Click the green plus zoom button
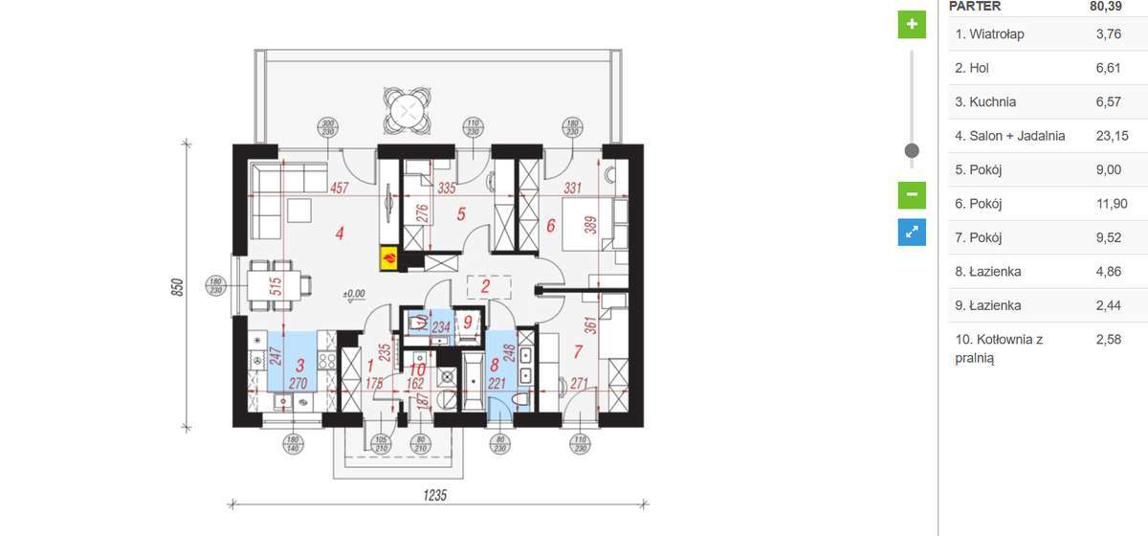coord(912,24)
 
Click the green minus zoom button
coord(912,194)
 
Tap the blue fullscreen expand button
coord(912,232)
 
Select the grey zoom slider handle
coord(912,150)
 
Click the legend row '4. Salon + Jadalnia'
coord(1009,136)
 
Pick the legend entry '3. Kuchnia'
coord(985,102)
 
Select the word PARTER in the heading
coord(975,6)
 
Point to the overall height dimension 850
coord(177,286)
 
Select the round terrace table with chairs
coord(408,111)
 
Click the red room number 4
coord(338,232)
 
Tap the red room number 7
coord(576,350)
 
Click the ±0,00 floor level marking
coord(354,294)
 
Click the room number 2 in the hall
coord(485,285)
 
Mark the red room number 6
coord(550,227)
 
